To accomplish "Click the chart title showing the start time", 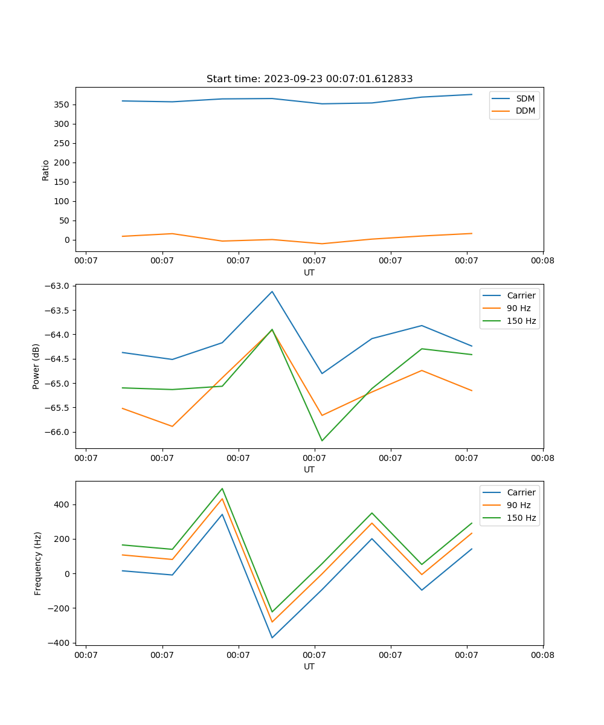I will coord(309,79).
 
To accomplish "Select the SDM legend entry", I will coord(525,98).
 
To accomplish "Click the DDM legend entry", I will coord(525,111).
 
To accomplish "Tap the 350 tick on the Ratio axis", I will coord(62,105).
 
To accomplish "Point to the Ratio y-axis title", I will coord(46,170).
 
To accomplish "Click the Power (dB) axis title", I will coord(36,366).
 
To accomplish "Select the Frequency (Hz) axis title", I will coord(37,563).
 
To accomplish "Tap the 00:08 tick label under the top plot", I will coord(542,260).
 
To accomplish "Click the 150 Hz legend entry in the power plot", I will coord(521,321).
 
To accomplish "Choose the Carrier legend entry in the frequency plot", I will coord(521,492).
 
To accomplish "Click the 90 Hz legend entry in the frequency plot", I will coord(519,505).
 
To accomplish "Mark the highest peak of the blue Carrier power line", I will coord(272,292).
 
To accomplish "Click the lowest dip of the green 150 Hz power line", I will coord(322,440).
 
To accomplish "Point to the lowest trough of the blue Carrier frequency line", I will coord(272,637).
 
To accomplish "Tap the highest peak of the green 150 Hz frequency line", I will coord(222,488).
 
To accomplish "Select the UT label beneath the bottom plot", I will coord(309,666).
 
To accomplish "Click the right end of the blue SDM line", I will coord(472,94).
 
